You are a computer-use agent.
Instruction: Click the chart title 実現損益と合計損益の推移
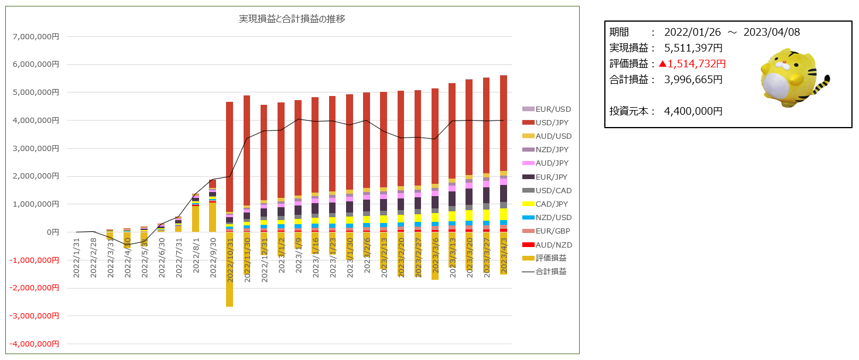[x=292, y=19]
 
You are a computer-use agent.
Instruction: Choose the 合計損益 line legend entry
[x=550, y=272]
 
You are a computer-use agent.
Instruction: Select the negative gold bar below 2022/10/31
[x=230, y=275]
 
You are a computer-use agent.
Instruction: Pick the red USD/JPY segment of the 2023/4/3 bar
[x=504, y=123]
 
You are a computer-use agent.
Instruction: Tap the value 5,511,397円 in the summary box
[x=693, y=48]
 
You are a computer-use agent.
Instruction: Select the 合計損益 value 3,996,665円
[x=693, y=80]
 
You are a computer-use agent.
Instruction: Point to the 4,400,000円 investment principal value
[x=693, y=111]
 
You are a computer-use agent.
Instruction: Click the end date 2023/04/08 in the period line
[x=771, y=32]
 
